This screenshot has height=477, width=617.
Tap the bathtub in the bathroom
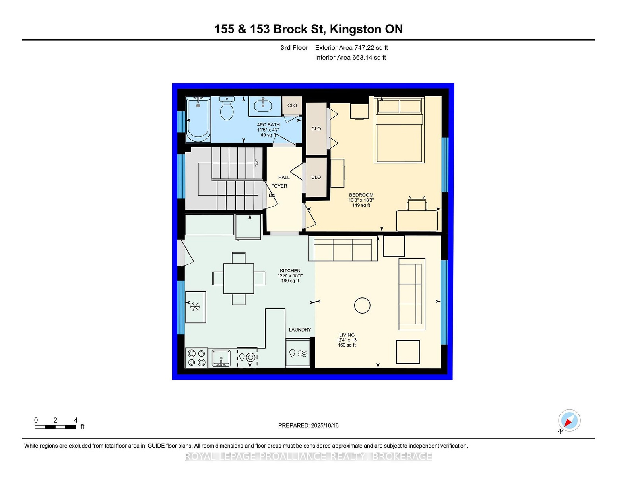[x=198, y=120]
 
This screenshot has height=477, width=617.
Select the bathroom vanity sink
[x=263, y=106]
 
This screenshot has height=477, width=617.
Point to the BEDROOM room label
[x=361, y=195]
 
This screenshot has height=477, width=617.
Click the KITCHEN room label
[x=290, y=271]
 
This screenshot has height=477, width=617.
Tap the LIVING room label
[x=347, y=335]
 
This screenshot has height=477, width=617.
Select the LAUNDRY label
[x=300, y=330]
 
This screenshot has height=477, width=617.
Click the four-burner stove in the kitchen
[x=196, y=358]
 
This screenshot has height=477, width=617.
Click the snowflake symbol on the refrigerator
[x=195, y=307]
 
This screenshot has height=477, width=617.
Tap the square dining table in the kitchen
[x=239, y=278]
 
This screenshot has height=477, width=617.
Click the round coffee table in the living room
[x=362, y=305]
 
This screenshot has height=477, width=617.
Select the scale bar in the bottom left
[x=55, y=427]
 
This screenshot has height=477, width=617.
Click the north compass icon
[x=569, y=421]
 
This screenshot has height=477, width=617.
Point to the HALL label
[x=284, y=178]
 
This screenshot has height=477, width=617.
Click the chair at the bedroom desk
[x=417, y=203]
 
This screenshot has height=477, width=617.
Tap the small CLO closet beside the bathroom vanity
[x=292, y=106]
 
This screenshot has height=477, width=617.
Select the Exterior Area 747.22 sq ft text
[x=351, y=48]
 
